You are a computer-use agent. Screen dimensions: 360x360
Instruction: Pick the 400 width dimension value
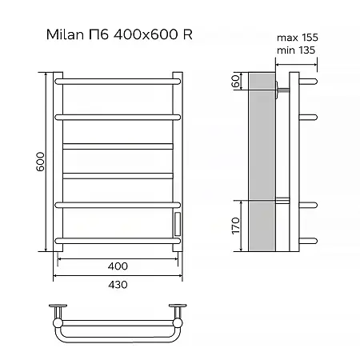117,265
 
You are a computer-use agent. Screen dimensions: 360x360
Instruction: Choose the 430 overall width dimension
117,283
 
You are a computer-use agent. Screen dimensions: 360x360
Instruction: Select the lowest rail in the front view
117,238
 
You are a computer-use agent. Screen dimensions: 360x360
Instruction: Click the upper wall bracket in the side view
279,88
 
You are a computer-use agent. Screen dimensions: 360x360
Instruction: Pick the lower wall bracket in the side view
279,199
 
